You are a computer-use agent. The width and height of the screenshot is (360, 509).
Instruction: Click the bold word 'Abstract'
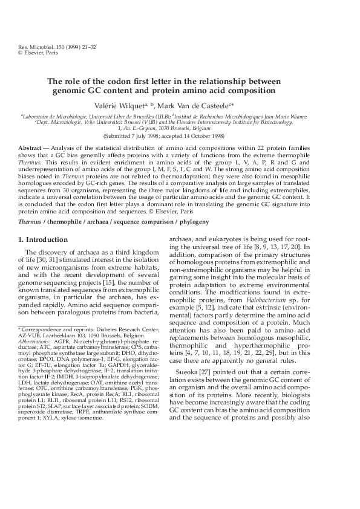tap(30, 148)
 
